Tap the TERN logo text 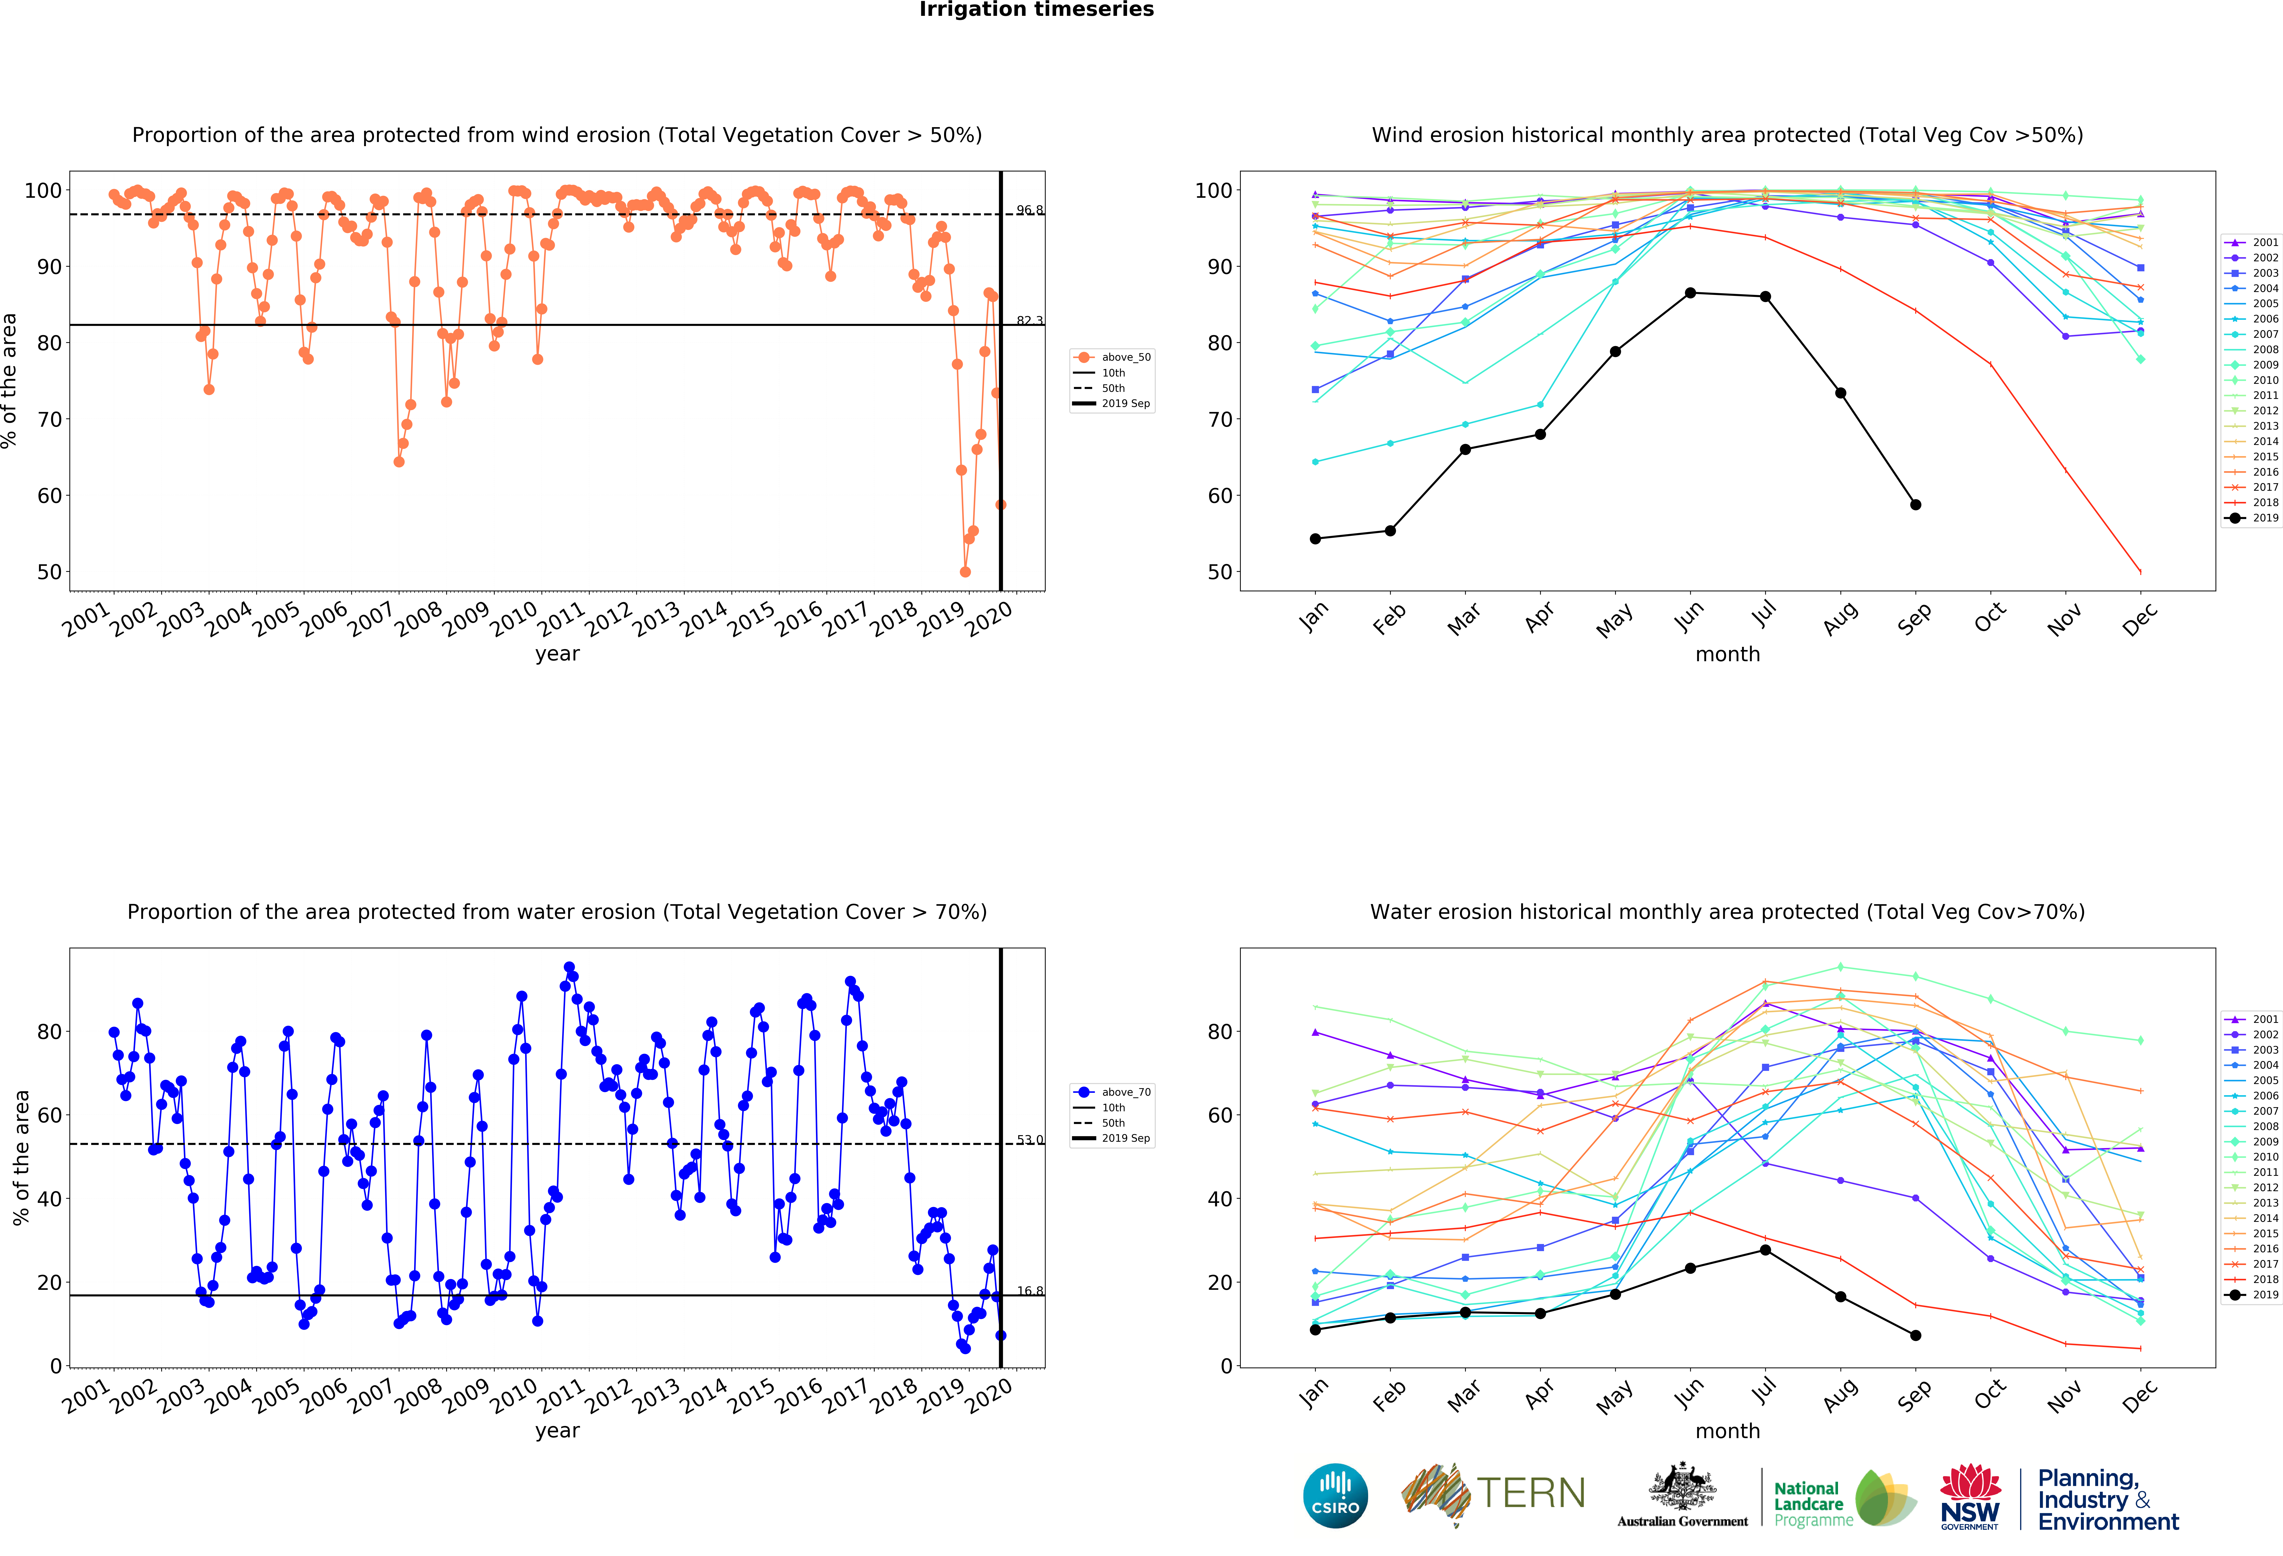(1531, 1493)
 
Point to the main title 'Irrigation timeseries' (1036, 10)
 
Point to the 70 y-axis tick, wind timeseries (49, 419)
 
